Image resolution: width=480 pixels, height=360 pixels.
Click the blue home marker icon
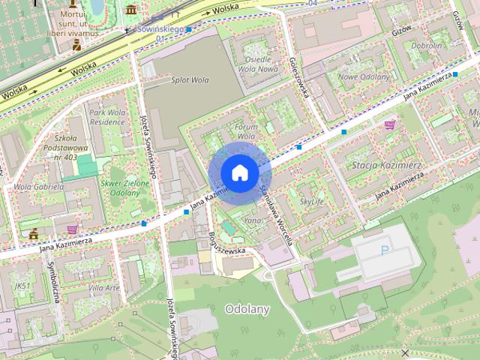coord(240,173)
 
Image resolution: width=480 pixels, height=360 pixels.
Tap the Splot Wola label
coord(190,80)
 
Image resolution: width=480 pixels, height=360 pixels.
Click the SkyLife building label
coord(312,202)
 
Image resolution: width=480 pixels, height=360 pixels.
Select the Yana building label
coord(253,221)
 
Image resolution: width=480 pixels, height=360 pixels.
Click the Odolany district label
coord(247,309)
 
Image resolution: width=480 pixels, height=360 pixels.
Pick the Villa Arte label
coord(103,288)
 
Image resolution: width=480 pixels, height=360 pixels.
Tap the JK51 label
coord(22,286)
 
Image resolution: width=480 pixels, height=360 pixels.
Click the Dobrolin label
coord(427,46)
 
